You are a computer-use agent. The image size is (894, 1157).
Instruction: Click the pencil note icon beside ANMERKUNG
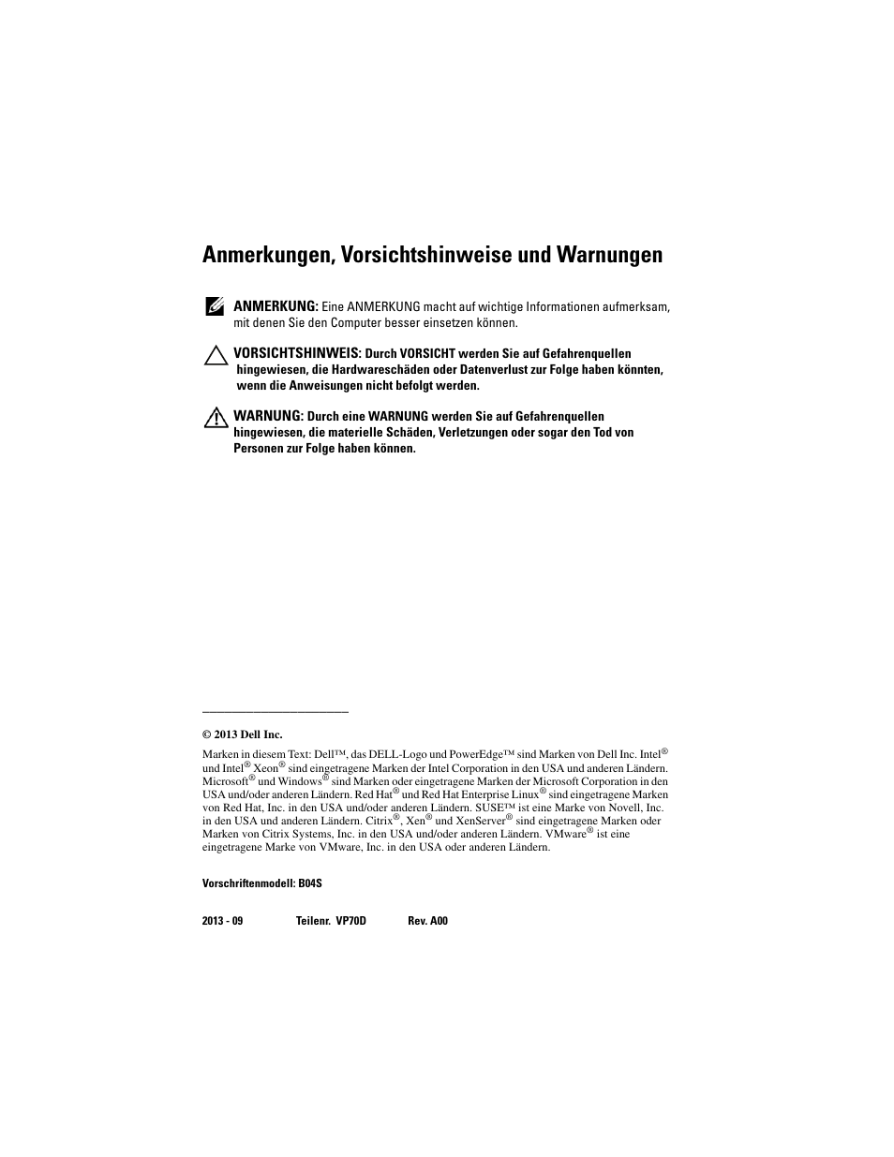pyautogui.click(x=214, y=305)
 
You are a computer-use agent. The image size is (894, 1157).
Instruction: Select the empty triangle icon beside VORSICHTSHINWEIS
pyautogui.click(x=216, y=354)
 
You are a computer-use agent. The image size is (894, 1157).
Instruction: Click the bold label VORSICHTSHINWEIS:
pyautogui.click(x=297, y=353)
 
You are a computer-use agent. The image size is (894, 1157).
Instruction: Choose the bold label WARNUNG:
pyautogui.click(x=268, y=415)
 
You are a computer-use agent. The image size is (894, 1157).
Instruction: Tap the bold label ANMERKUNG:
pyautogui.click(x=276, y=306)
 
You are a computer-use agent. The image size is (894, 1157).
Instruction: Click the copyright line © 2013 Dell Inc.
pyautogui.click(x=242, y=734)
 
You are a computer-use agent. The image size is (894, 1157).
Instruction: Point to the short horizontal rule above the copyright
pyautogui.click(x=276, y=712)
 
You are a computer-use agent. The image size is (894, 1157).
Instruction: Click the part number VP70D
pyautogui.click(x=350, y=921)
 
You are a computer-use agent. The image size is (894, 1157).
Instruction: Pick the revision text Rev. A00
pyautogui.click(x=427, y=921)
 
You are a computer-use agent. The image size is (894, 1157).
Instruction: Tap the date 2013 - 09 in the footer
pyautogui.click(x=222, y=921)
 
